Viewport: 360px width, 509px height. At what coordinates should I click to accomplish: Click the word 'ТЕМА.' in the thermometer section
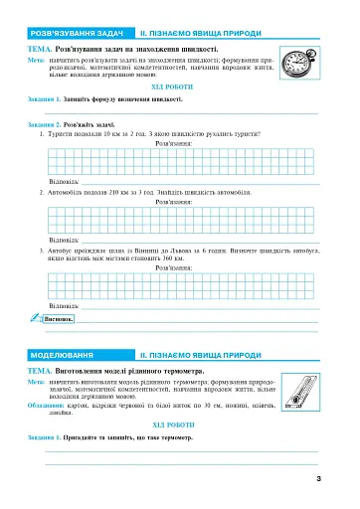click(x=43, y=370)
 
